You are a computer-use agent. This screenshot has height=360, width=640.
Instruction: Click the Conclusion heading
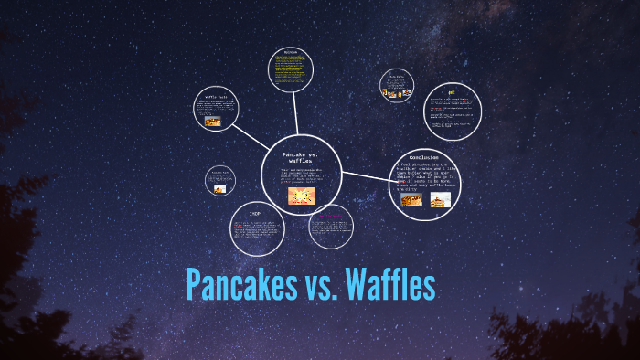tap(423, 158)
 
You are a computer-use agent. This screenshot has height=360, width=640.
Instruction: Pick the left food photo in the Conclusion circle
tap(411, 199)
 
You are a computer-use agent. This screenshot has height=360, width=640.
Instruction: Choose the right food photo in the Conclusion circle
tap(440, 199)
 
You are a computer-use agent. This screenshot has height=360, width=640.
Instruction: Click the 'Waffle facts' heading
tap(215, 96)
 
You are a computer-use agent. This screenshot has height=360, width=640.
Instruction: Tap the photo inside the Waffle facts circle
tap(213, 120)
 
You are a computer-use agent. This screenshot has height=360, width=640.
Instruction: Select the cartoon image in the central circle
tap(301, 196)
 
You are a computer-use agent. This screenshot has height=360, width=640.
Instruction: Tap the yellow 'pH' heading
tap(451, 91)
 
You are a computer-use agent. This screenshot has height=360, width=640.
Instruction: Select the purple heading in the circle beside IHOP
tap(330, 217)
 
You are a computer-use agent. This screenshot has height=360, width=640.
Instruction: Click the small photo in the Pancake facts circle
tap(219, 189)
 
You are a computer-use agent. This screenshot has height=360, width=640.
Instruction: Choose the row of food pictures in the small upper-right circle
tap(397, 91)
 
